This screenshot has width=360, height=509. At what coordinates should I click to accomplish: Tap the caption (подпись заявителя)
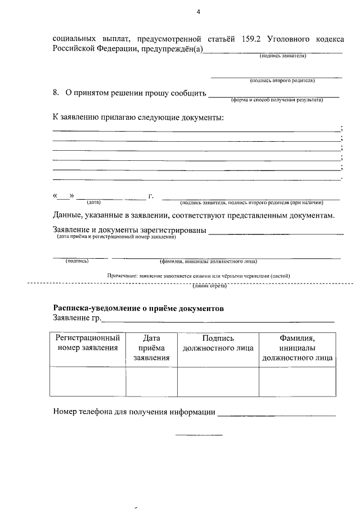282,56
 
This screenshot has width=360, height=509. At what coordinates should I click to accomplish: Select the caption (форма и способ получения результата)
277,100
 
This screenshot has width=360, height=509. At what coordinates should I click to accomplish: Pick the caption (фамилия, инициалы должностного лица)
209,262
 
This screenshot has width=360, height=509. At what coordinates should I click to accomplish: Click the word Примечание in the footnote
122,276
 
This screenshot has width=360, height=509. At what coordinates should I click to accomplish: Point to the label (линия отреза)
209,286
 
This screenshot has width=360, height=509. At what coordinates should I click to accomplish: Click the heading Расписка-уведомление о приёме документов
138,308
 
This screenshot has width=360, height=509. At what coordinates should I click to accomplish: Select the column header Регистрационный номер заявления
88,343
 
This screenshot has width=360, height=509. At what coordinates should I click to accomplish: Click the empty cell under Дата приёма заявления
152,381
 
